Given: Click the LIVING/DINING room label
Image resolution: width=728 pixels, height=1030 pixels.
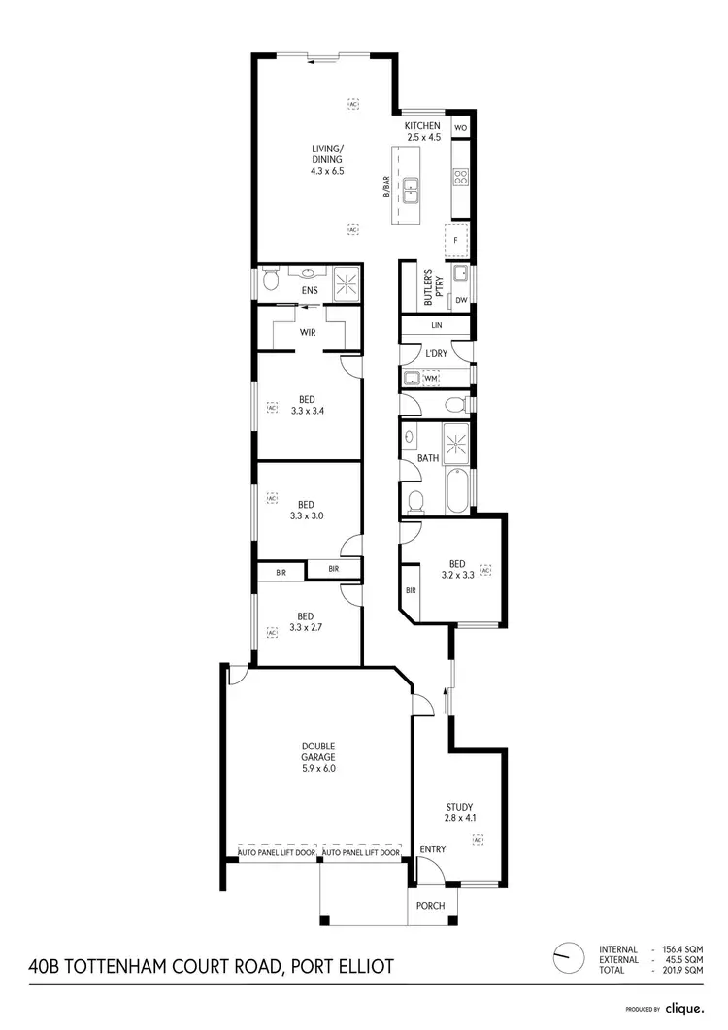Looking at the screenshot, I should [x=327, y=159].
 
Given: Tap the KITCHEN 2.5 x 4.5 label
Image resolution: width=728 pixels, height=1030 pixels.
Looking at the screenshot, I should [x=423, y=132].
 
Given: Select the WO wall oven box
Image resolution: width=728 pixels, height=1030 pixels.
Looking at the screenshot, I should [x=461, y=127].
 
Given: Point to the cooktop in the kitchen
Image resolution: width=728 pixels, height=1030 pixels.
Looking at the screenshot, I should [x=460, y=177].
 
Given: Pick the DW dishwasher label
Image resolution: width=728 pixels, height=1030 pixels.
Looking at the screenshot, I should [x=461, y=300].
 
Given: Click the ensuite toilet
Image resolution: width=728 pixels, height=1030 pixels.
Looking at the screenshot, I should [x=274, y=282].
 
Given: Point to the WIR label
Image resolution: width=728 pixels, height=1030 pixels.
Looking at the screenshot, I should [x=308, y=333].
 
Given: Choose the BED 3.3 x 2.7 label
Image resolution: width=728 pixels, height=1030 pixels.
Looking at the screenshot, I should [x=306, y=621].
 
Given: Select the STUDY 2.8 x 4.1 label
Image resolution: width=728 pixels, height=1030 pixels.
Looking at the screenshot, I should [x=459, y=813].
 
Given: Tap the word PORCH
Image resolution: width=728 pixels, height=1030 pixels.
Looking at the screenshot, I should [x=430, y=906].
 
